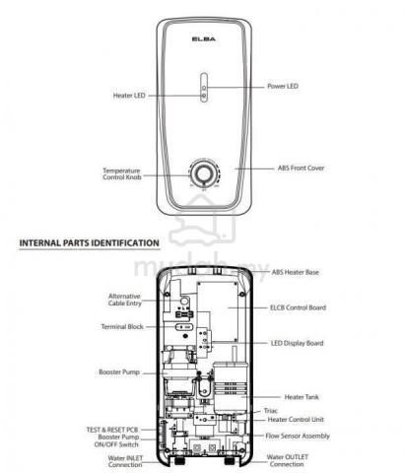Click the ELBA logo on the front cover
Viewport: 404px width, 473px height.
pyautogui.click(x=204, y=39)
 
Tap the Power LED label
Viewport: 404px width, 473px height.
pyautogui.click(x=283, y=86)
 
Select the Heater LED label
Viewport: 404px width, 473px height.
pyautogui.click(x=129, y=96)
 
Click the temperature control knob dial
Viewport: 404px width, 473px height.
pyautogui.click(x=204, y=173)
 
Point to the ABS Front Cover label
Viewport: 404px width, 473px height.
pyautogui.click(x=301, y=168)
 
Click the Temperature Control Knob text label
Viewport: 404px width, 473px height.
pyautogui.click(x=122, y=174)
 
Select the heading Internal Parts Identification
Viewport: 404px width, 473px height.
pyautogui.click(x=90, y=243)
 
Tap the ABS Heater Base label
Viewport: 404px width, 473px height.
pyautogui.click(x=295, y=272)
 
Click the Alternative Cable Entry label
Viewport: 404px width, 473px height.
pyautogui.click(x=125, y=300)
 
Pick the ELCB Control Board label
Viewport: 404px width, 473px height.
pyautogui.click(x=298, y=307)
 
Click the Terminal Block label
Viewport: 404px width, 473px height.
pyautogui.click(x=122, y=327)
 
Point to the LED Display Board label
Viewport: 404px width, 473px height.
pyautogui.click(x=298, y=343)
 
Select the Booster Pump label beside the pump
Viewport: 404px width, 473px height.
pyautogui.click(x=119, y=372)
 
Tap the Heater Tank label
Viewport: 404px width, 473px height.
pyautogui.click(x=302, y=397)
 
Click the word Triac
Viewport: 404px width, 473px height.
pyautogui.click(x=271, y=411)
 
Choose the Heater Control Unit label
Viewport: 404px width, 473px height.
pyautogui.click(x=296, y=420)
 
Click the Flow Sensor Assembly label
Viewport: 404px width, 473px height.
pyautogui.click(x=298, y=436)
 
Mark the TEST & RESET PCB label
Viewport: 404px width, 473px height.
pyautogui.click(x=112, y=430)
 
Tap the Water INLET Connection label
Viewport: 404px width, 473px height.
pyautogui.click(x=125, y=461)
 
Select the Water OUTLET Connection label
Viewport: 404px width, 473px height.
pyautogui.click(x=288, y=460)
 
